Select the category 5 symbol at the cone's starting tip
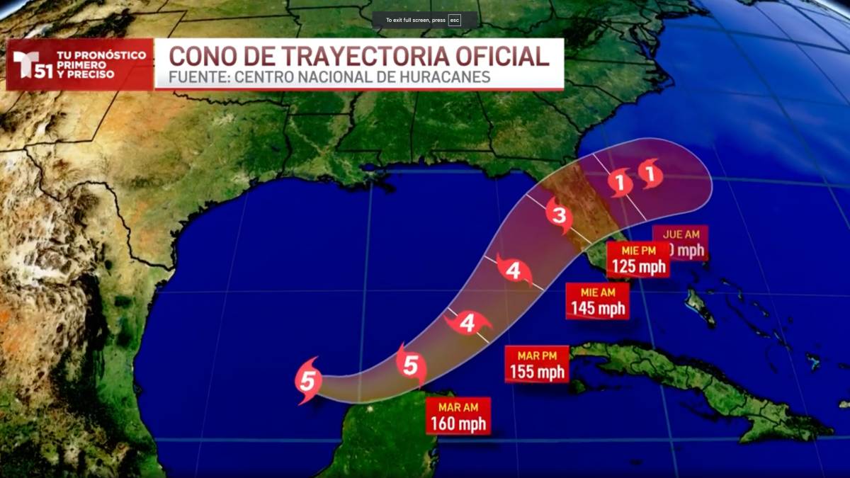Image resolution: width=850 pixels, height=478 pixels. (x=307, y=382)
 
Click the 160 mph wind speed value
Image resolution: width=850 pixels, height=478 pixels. (x=458, y=424)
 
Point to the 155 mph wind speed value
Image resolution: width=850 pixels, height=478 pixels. (x=537, y=372)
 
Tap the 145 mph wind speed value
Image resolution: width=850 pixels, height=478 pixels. (x=599, y=308)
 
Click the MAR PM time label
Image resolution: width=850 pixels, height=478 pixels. (x=536, y=354)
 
